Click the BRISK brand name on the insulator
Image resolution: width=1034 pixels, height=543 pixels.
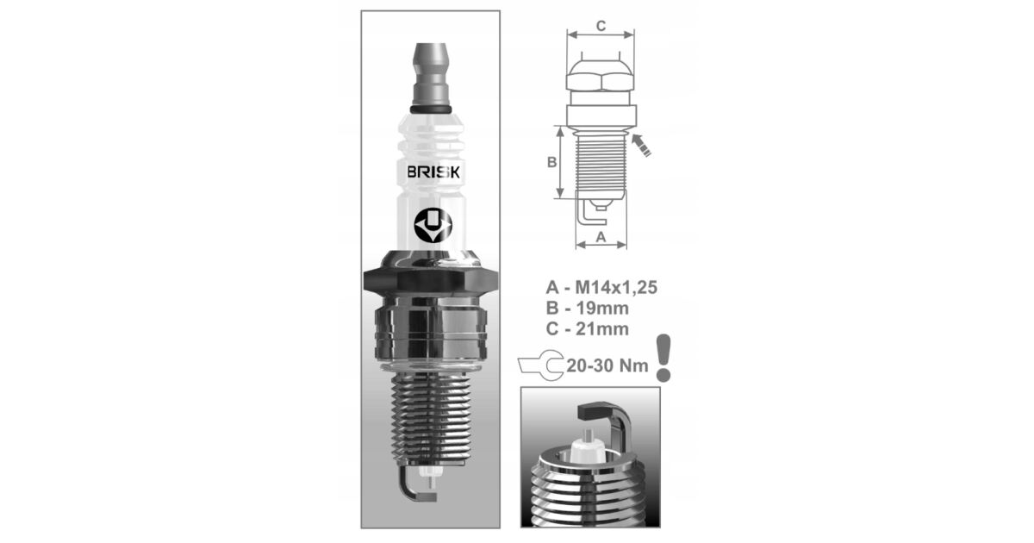(x=433, y=172)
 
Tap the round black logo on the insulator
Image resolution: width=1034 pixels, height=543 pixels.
(x=433, y=225)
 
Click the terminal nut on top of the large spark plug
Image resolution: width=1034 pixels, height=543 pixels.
(x=431, y=75)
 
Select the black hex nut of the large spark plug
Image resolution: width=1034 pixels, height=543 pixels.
(x=431, y=279)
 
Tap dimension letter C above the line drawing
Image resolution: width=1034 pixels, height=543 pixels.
(x=601, y=26)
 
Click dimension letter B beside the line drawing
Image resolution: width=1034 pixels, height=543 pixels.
(x=551, y=162)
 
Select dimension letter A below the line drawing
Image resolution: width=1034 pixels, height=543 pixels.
(x=601, y=237)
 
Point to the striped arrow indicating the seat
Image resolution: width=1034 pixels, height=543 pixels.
(x=641, y=145)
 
